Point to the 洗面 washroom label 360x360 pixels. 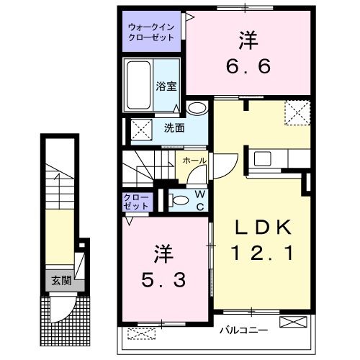coord(174,129)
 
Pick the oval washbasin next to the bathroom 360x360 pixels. coord(197,109)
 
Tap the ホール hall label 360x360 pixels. coord(195,161)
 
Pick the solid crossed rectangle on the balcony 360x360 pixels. coord(291,322)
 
